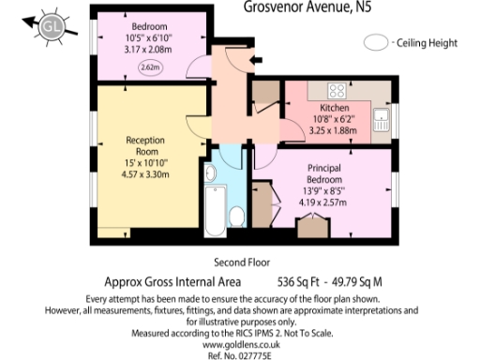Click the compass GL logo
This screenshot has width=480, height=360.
(x=48, y=28)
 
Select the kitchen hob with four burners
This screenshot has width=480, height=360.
(x=337, y=91)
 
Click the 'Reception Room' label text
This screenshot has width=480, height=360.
(x=145, y=145)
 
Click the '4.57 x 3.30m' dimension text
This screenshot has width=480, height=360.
(x=145, y=173)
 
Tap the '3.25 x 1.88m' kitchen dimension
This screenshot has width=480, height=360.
(x=334, y=131)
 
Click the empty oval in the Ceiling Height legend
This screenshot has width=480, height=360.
(x=377, y=43)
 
